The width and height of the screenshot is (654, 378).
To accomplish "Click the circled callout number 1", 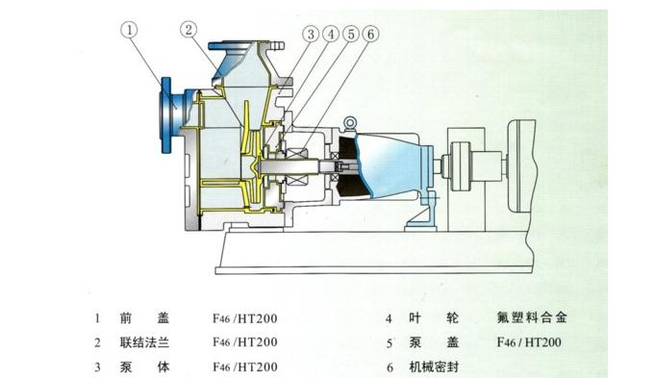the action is pyautogui.click(x=129, y=30).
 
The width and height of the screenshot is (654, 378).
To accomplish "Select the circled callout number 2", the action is pyautogui.click(x=189, y=30).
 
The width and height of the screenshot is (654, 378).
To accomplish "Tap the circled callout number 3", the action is pyautogui.click(x=311, y=34).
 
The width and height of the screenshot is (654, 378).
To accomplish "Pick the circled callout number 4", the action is pyautogui.click(x=332, y=34).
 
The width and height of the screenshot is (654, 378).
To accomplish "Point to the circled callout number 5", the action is pyautogui.click(x=351, y=34).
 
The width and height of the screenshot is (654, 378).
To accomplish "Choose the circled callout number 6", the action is pyautogui.click(x=371, y=34).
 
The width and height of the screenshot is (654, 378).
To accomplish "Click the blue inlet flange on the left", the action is pyautogui.click(x=166, y=115).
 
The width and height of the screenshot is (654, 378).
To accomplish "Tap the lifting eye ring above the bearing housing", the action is pyautogui.click(x=349, y=123).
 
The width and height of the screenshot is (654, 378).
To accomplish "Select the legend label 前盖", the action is pyautogui.click(x=144, y=318).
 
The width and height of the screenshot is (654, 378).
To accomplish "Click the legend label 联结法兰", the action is pyautogui.click(x=144, y=342).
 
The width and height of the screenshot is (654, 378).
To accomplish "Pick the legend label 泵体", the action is pyautogui.click(x=144, y=367).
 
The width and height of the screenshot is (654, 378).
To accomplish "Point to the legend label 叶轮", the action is pyautogui.click(x=434, y=318).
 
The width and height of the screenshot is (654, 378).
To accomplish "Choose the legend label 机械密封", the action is pyautogui.click(x=434, y=367).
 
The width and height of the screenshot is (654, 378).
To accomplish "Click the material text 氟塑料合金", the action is pyautogui.click(x=532, y=317).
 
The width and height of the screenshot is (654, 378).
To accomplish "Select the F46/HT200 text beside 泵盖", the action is pyautogui.click(x=529, y=342).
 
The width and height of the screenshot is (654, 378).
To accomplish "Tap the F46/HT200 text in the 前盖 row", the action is pyautogui.click(x=245, y=318).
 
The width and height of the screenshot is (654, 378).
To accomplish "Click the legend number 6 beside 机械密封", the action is pyautogui.click(x=390, y=367).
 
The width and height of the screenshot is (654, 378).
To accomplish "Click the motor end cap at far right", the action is pyautogui.click(x=521, y=165).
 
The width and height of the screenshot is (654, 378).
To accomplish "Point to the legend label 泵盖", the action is pyautogui.click(x=434, y=342).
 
